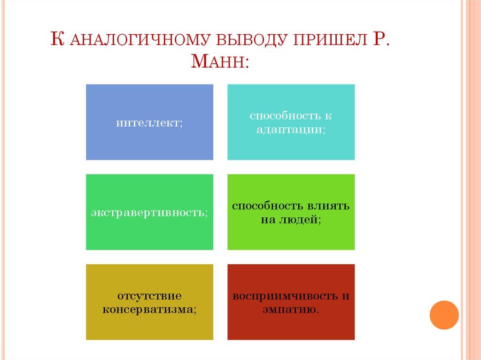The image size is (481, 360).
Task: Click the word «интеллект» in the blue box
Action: tap(148, 123)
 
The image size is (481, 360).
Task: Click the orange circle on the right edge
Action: tap(444, 314)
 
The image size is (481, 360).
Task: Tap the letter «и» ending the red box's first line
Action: tap(346, 297)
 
